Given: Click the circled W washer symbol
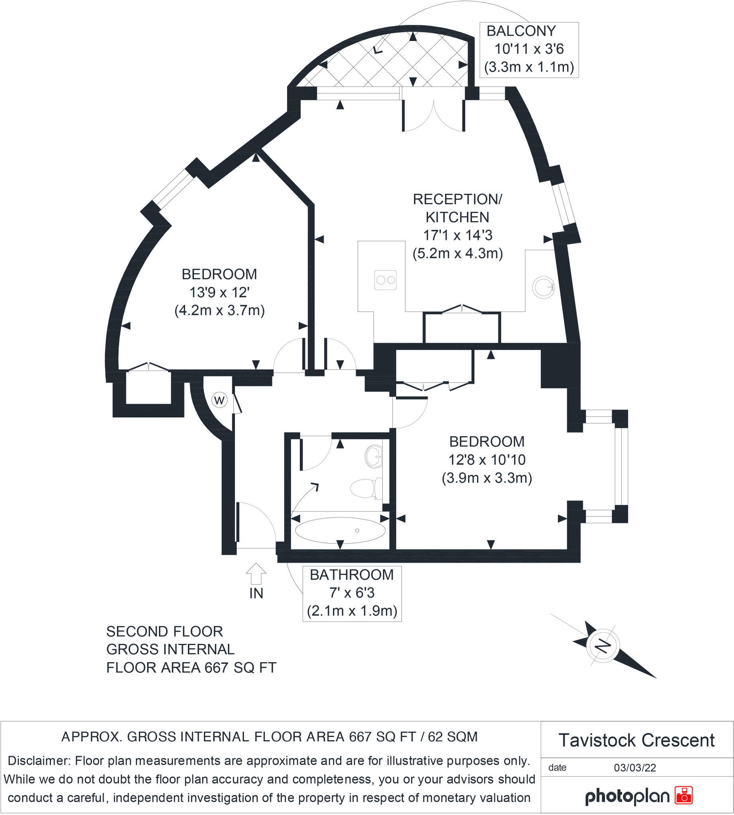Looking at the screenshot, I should pyautogui.click(x=219, y=400).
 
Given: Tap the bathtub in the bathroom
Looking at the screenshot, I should pyautogui.click(x=340, y=530).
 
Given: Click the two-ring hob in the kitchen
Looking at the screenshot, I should pyautogui.click(x=385, y=280).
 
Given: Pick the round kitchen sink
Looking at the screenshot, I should pyautogui.click(x=543, y=287).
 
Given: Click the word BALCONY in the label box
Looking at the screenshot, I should pyautogui.click(x=521, y=31).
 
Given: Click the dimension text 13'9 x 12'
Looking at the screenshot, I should pyautogui.click(x=219, y=292).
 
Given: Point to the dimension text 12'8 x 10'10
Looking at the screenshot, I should pyautogui.click(x=487, y=460).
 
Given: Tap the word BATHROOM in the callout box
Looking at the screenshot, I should pyautogui.click(x=352, y=575).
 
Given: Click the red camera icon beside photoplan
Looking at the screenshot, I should pyautogui.click(x=683, y=795).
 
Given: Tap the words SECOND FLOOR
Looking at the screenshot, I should pyautogui.click(x=164, y=631).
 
